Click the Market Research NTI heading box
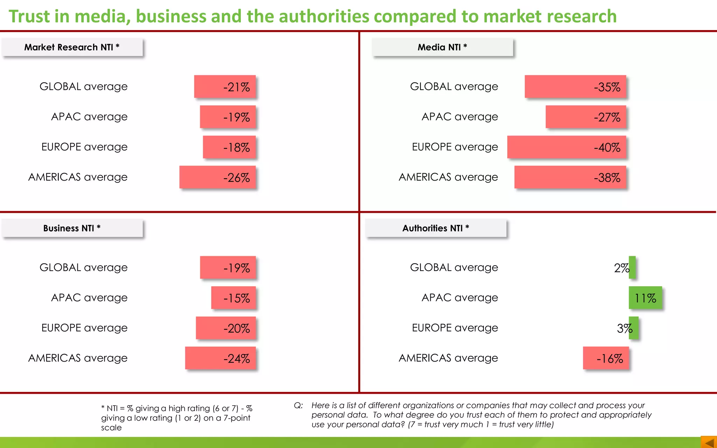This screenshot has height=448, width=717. click(72, 47)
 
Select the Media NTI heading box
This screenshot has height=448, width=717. click(442, 47)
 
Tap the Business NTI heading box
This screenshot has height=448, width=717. click(72, 228)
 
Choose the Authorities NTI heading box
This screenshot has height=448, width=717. click(436, 228)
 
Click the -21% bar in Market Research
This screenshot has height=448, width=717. click(225, 86)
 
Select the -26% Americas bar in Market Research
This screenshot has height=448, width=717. click(217, 177)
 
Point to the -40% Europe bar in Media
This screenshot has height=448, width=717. click(566, 147)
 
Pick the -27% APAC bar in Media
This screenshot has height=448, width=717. click(585, 117)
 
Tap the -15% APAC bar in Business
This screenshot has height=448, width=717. click(233, 298)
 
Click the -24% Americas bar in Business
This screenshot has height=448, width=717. click(220, 358)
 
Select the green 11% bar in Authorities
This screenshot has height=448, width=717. click(645, 298)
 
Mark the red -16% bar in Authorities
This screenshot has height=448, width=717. click(606, 358)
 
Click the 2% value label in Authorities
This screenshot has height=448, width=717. click(621, 268)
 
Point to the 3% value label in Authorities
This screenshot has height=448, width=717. click(624, 328)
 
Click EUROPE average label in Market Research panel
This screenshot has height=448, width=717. click(84, 147)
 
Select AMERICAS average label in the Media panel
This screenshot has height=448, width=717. click(448, 177)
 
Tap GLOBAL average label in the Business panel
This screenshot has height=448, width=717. click(83, 268)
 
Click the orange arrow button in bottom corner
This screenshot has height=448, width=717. click(709, 442)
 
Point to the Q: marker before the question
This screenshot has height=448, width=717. click(298, 405)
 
